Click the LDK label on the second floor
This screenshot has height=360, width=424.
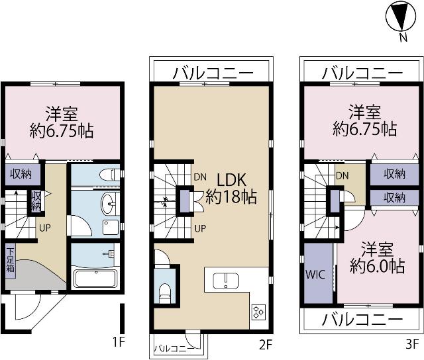pyautogui.click(x=232, y=180)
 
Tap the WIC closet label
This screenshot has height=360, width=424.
pyautogui.click(x=315, y=275)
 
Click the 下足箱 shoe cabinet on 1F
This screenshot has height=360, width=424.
pyautogui.click(x=11, y=260)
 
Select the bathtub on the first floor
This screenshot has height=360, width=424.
pyautogui.click(x=95, y=279)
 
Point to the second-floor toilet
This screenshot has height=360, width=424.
pyautogui.click(x=165, y=293)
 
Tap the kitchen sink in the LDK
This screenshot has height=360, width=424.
pyautogui.click(x=225, y=281)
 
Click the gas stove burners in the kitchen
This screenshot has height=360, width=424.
pyautogui.click(x=258, y=312)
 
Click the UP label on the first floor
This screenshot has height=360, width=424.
pyautogui.click(x=45, y=228)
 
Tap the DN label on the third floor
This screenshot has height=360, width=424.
pyautogui.click(x=342, y=176)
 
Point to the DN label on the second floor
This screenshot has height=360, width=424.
pyautogui.click(x=200, y=177)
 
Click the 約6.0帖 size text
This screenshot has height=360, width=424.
pyautogui.click(x=378, y=266)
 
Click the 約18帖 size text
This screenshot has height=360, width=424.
pyautogui.click(x=231, y=197)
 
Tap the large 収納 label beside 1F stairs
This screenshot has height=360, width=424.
pyautogui.click(x=21, y=174)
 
